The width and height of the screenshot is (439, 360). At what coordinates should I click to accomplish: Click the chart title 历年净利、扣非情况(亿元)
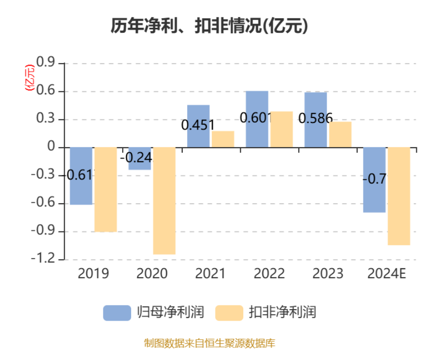coord(209,26)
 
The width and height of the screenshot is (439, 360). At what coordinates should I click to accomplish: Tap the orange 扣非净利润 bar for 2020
coord(164,201)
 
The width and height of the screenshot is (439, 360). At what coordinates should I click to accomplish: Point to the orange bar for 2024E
coord(399,196)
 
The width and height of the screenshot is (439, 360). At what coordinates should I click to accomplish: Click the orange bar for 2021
coord(223,139)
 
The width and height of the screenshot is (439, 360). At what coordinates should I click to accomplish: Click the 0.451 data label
coord(198,125)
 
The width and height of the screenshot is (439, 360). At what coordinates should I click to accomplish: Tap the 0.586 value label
coord(315,118)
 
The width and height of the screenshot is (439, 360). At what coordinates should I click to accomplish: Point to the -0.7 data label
coord(374,178)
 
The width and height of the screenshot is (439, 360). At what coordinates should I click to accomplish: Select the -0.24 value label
coord(136,158)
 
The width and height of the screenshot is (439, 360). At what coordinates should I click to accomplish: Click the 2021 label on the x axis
coord(210,274)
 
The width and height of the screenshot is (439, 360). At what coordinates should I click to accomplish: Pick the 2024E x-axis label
coord(387,274)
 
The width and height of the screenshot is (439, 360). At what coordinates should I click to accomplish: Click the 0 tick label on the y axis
coord(51,147)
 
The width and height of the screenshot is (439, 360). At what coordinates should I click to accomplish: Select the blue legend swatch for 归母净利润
coord(117,313)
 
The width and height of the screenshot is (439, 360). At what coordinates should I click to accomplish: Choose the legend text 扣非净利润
coord(282,313)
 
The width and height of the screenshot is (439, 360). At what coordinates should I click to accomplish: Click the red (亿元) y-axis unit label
coord(30,79)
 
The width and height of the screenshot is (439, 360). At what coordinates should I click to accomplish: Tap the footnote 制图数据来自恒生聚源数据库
coord(209,344)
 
